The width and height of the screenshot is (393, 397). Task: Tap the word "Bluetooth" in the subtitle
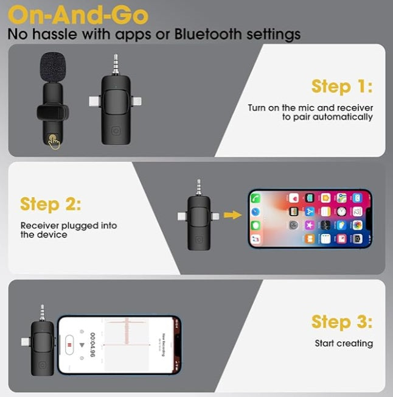[212, 33]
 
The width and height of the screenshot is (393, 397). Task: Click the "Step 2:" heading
[50, 203]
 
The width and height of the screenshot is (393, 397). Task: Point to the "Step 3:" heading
[341, 321]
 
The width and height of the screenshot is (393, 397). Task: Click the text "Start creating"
[344, 343]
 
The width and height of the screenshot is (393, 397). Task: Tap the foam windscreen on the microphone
[56, 66]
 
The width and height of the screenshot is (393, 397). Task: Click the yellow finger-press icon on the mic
[55, 141]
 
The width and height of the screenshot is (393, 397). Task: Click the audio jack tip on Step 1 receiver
[116, 61]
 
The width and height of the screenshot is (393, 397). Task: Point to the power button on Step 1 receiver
[116, 131]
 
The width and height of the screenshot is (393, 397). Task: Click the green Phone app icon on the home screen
[256, 198]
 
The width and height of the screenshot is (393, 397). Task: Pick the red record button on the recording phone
[70, 344]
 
